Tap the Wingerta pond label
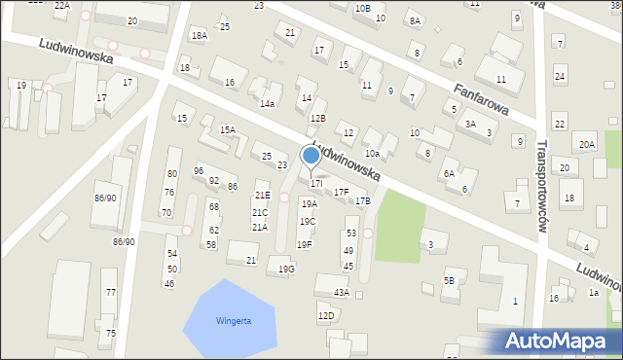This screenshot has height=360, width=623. pyautogui.click(x=234, y=321)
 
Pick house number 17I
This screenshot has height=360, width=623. pyautogui.click(x=315, y=183)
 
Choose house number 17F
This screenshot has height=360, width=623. pyautogui.click(x=341, y=193)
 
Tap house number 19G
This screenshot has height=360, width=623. pyautogui.click(x=286, y=269)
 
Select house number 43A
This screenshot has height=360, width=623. pyautogui.click(x=341, y=292)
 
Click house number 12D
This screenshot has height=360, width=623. pyautogui.click(x=326, y=315)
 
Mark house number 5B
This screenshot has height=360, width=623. pyautogui.click(x=449, y=281)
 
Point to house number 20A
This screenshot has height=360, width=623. pyautogui.click(x=586, y=145)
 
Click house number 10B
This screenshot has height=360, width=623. pyautogui.click(x=362, y=8)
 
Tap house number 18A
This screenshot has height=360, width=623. pyautogui.click(x=199, y=35)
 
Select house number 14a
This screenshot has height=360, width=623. pyautogui.click(x=267, y=103)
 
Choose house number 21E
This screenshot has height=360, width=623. pyautogui.click(x=262, y=196)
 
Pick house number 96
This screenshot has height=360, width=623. pyautogui.click(x=199, y=171)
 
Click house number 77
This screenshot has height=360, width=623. pyautogui.click(x=111, y=292)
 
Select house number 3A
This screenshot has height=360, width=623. pyautogui.click(x=470, y=125)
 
